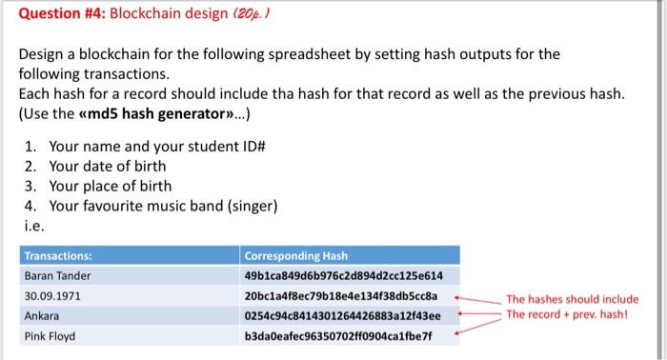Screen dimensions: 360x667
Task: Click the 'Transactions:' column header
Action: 58,256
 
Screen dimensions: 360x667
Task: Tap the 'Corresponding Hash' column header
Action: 295,256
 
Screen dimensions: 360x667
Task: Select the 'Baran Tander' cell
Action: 58,275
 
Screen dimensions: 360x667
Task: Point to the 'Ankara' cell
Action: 42,315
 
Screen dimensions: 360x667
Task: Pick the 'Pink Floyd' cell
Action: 51,335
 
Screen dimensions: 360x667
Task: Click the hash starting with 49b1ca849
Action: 344,275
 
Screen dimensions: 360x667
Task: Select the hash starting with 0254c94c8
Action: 345,315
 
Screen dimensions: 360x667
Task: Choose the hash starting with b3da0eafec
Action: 339,335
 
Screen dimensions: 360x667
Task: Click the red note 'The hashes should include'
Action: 572,298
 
